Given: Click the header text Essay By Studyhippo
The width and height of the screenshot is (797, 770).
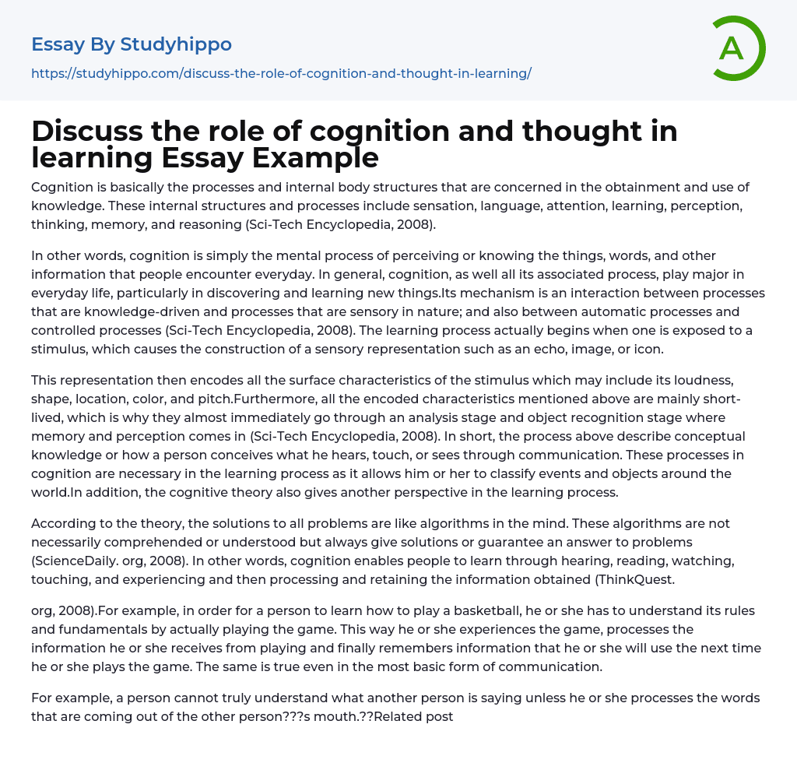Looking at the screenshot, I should [x=132, y=44].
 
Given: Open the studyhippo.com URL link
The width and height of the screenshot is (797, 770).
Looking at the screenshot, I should [x=281, y=73].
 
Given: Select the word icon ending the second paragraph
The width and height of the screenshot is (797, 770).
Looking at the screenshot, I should [x=648, y=349].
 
